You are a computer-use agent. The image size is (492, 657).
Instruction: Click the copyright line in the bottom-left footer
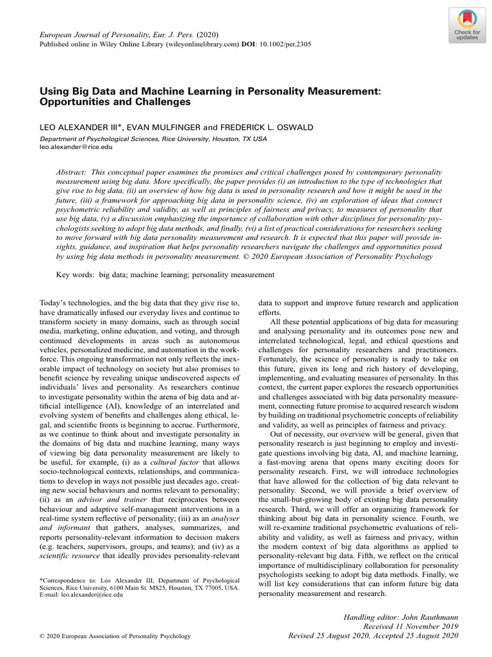point(115,636)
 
